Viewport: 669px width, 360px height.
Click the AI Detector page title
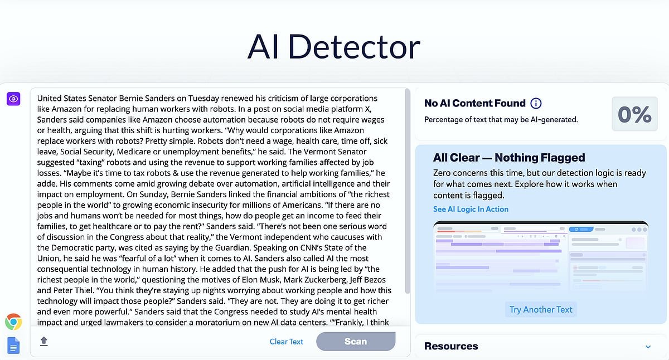pos(333,47)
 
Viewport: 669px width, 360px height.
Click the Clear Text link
pos(287,342)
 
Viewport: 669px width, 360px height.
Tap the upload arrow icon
pos(44,341)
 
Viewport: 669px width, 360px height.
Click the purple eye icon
pos(13,99)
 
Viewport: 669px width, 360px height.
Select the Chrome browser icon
pos(13,322)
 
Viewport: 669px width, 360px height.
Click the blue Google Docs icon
pos(13,346)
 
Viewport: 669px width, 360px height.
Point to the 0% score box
pos(634,114)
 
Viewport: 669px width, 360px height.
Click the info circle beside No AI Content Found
pos(536,103)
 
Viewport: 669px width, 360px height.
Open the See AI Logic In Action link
pos(471,209)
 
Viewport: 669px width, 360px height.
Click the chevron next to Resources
pos(648,347)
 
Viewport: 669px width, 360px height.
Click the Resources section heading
pos(450,346)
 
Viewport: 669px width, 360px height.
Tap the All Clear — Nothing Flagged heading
pos(509,158)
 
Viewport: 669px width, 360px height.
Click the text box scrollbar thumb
pos(408,189)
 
